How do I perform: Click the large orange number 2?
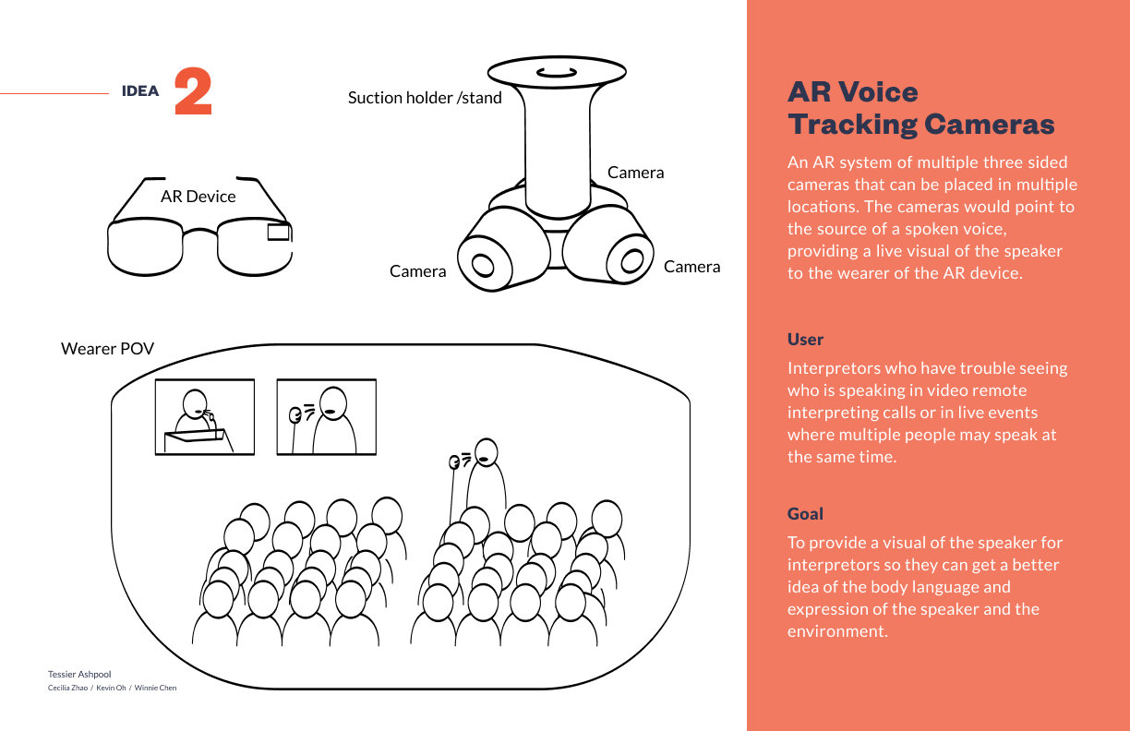click(x=193, y=91)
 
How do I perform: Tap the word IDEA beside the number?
click(x=140, y=91)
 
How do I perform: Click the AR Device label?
click(x=198, y=197)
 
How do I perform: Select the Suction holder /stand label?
click(x=425, y=97)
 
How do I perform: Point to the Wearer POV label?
click(x=107, y=348)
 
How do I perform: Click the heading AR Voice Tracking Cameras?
click(x=920, y=107)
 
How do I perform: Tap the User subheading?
click(x=805, y=339)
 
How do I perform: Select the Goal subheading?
click(x=805, y=513)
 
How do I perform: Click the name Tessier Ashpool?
click(x=79, y=675)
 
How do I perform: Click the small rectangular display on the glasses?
click(x=278, y=233)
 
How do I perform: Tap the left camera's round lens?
click(x=483, y=265)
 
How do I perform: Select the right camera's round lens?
click(x=631, y=260)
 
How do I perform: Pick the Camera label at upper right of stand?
click(x=635, y=173)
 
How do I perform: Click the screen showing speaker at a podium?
click(x=204, y=416)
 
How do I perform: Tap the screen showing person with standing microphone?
click(x=326, y=416)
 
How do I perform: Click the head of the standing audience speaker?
click(x=487, y=452)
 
